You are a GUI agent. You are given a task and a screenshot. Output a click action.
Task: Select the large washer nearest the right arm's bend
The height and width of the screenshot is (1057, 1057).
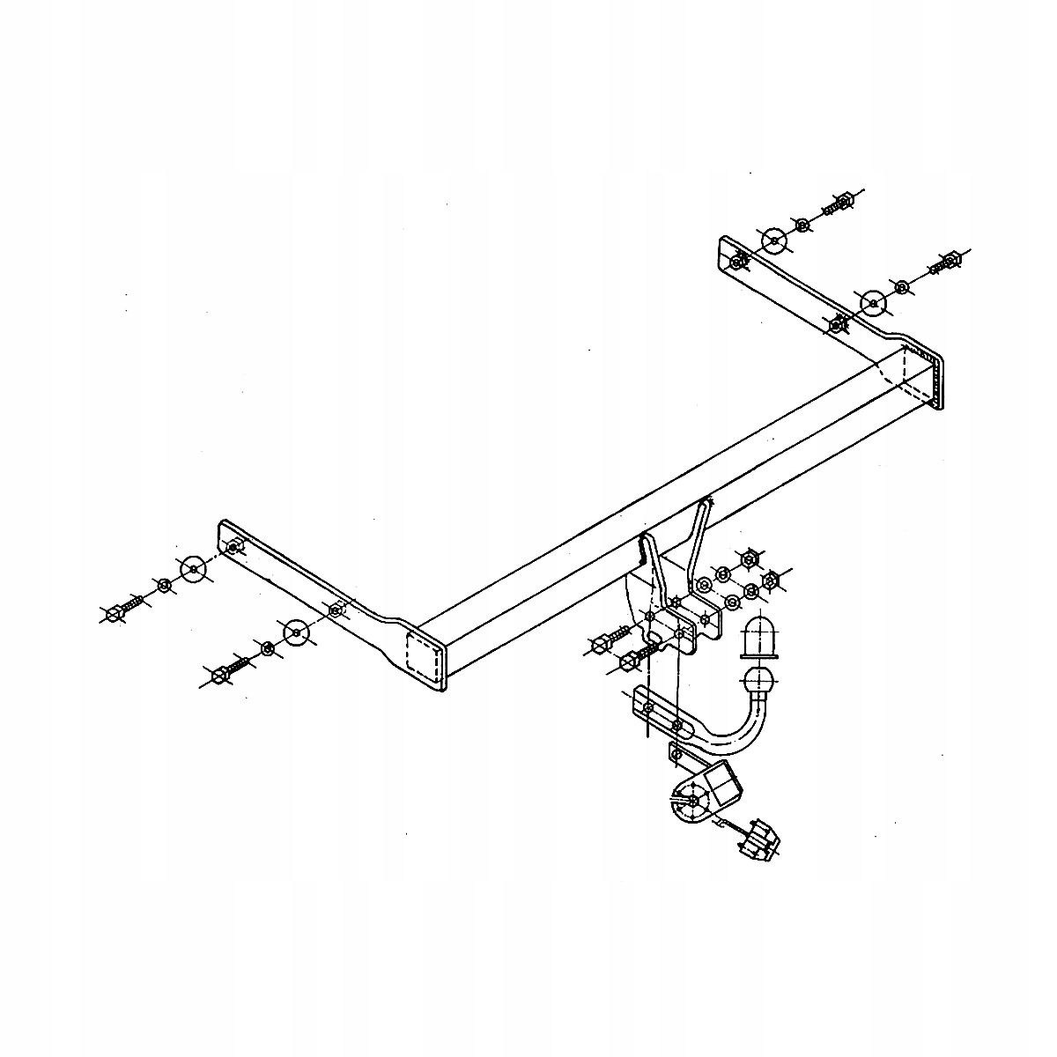[873, 303]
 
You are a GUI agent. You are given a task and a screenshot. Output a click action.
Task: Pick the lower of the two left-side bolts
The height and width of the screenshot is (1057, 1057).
[220, 675]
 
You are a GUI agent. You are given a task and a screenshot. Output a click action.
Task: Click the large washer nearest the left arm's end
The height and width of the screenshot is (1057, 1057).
[193, 569]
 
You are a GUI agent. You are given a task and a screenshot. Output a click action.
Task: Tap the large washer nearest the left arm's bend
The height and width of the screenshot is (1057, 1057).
[295, 632]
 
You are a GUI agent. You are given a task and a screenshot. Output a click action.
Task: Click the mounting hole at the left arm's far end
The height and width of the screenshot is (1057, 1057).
[233, 548]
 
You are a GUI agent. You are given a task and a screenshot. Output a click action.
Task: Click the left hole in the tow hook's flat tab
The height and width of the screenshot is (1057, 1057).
[648, 707]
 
